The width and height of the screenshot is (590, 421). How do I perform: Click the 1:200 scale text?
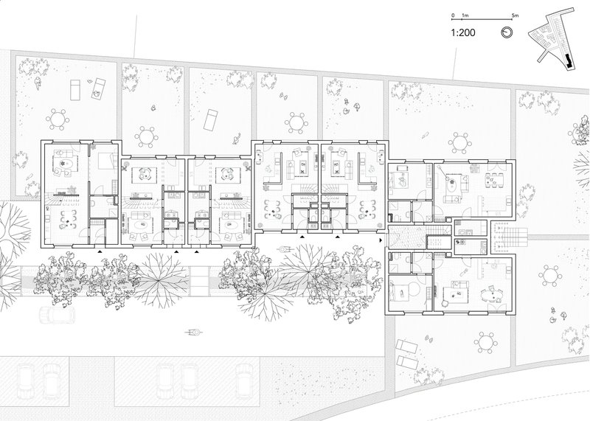tap(463, 32)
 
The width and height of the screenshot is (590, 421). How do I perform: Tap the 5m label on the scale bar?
tap(515, 15)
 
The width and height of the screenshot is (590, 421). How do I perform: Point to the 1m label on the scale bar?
tap(465, 15)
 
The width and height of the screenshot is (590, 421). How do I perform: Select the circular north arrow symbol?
tap(507, 32)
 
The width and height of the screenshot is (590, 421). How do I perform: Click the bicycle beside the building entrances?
tap(285, 249)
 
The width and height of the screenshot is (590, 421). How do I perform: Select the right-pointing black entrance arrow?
tap(381, 240)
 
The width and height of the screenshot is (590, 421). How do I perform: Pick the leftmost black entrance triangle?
tap(100, 250)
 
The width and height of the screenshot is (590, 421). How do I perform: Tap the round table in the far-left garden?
tap(58, 119)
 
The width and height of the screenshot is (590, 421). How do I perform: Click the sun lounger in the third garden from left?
tap(210, 119)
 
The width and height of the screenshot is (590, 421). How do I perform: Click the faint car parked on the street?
tap(57, 315)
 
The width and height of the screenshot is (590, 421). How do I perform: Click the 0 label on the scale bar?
tap(453, 15)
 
